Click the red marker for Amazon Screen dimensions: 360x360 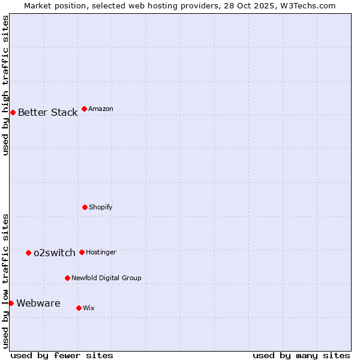click(x=84, y=109)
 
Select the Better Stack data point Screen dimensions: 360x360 click(x=13, y=112)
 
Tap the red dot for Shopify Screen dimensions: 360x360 click(x=85, y=207)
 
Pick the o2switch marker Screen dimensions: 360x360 click(x=28, y=253)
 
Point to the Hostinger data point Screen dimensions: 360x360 click(x=82, y=252)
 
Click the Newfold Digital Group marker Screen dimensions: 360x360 click(x=67, y=278)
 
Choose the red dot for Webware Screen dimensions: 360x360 click(x=11, y=303)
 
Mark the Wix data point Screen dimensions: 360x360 click(x=79, y=308)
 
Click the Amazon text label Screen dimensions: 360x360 click(x=101, y=109)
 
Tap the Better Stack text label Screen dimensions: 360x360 click(x=47, y=113)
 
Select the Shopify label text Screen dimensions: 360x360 click(x=101, y=208)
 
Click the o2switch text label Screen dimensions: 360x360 click(x=55, y=253)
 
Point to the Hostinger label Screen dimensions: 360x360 click(x=101, y=253)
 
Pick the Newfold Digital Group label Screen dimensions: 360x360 click(x=106, y=278)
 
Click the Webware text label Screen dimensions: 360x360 click(x=38, y=304)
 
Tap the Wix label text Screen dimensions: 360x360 click(x=89, y=308)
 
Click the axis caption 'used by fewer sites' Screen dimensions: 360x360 click(x=62, y=355)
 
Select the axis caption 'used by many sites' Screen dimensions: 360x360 click(x=301, y=355)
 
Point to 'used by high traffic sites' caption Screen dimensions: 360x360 click(x=6, y=85)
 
